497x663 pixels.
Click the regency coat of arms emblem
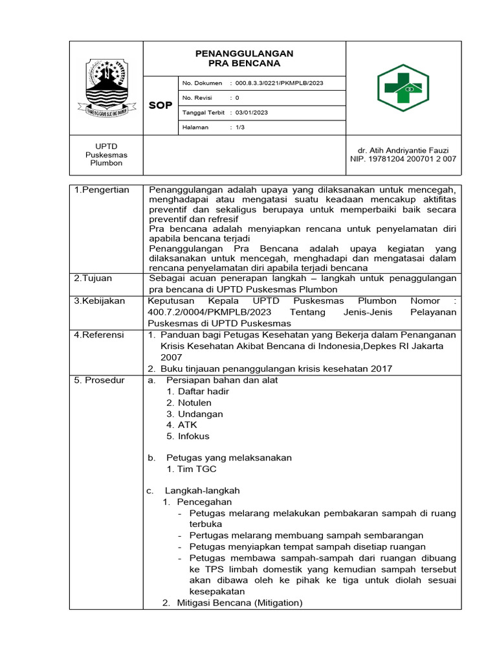(x=107, y=88)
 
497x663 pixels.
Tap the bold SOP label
(x=160, y=106)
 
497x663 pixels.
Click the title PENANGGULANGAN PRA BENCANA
(x=244, y=58)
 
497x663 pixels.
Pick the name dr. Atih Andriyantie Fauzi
(x=403, y=150)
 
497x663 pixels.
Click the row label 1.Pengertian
(x=102, y=190)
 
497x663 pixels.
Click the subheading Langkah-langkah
(x=203, y=491)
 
